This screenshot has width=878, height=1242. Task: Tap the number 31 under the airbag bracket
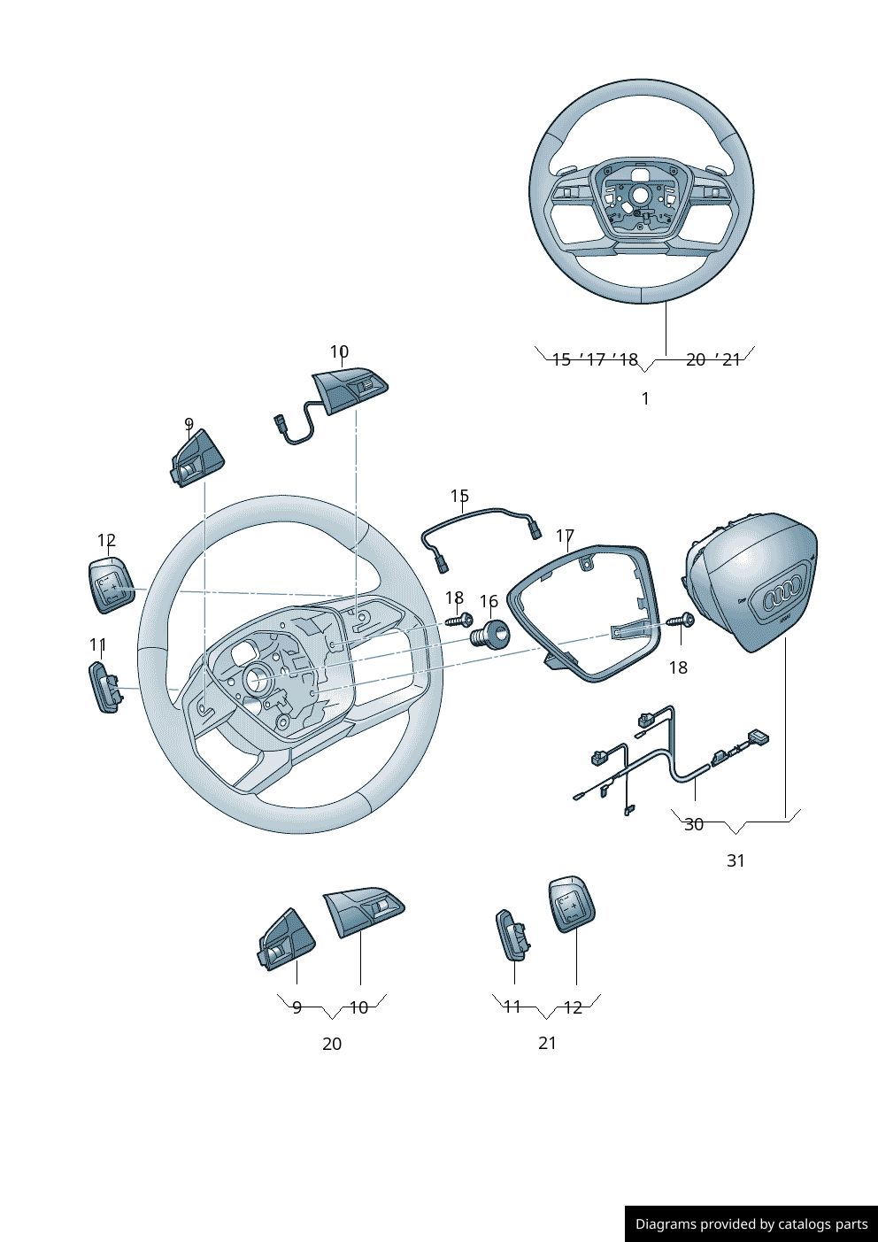pyautogui.click(x=736, y=860)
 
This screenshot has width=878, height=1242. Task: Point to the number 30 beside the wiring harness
pyautogui.click(x=694, y=824)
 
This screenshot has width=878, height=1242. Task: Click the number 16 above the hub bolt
pyautogui.click(x=489, y=602)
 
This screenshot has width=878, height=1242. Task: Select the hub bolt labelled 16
pyautogui.click(x=489, y=635)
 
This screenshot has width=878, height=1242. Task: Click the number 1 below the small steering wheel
pyautogui.click(x=645, y=398)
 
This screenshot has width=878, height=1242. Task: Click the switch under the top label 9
pyautogui.click(x=196, y=459)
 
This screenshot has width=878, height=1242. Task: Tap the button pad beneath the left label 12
pyautogui.click(x=111, y=585)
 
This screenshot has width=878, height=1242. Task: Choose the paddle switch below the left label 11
pyautogui.click(x=104, y=686)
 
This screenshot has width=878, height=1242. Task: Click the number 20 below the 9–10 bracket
pyautogui.click(x=332, y=1044)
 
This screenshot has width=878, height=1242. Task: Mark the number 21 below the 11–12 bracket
pyautogui.click(x=548, y=1043)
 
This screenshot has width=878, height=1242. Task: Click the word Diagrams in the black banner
pyautogui.click(x=666, y=1224)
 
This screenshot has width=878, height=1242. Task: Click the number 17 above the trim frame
pyautogui.click(x=565, y=536)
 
